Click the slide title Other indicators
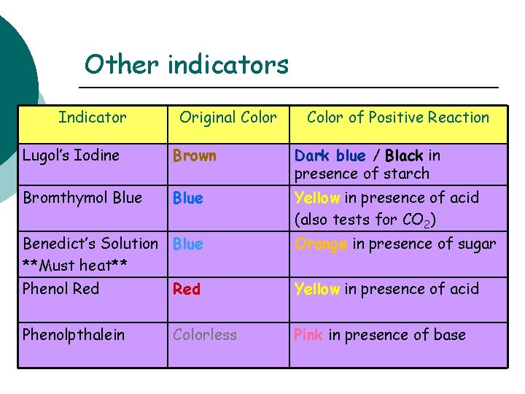point(187,65)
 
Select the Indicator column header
point(93,117)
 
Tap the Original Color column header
point(228,117)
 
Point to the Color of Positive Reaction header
point(398,117)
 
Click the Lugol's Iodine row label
point(71,155)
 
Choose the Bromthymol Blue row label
point(82,198)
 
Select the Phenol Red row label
point(61,288)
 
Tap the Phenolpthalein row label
point(74,335)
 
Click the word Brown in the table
point(195,155)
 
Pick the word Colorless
point(205,335)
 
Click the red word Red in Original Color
point(187,289)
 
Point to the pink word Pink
point(308,335)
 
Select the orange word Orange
point(321,244)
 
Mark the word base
point(449,335)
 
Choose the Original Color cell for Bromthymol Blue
point(188,198)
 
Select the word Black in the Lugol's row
point(404,155)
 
